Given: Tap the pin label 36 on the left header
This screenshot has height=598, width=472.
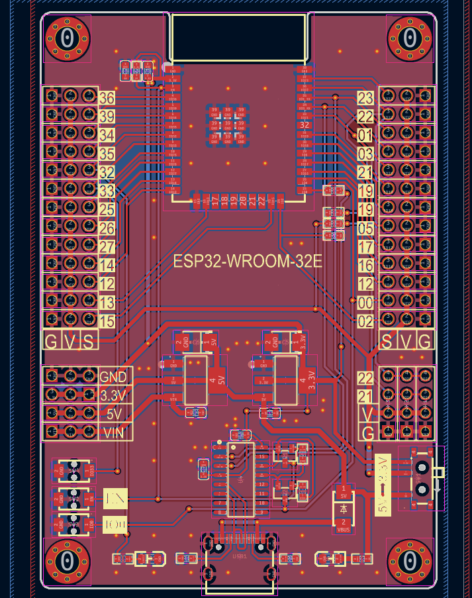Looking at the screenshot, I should (107, 98).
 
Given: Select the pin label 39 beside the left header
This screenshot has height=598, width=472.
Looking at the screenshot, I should (107, 117).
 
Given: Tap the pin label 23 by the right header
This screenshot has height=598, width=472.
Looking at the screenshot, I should (365, 98).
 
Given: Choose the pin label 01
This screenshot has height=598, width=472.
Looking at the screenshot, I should (365, 136).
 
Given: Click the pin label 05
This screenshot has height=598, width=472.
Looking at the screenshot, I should (365, 228).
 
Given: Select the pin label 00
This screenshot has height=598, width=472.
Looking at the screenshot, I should (365, 303).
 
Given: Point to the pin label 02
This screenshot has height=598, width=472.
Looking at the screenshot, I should (365, 322).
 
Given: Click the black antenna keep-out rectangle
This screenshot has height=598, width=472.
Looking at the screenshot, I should (239, 36).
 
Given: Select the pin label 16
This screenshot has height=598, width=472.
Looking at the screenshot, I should (365, 266).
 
